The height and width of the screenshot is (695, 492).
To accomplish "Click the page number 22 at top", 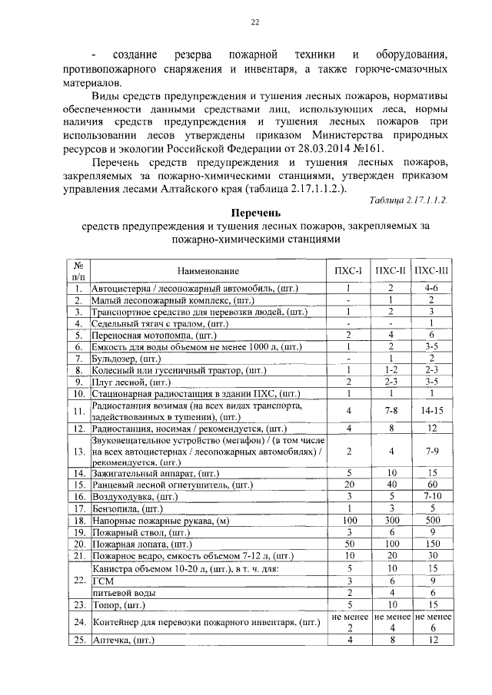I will point(254,23).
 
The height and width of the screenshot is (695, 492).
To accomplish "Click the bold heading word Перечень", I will point(254,212).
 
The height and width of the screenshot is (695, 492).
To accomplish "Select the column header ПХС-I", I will point(348,270).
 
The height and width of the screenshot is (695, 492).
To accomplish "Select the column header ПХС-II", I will point(390,270).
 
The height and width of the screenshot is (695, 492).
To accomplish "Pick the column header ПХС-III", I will point(431,270).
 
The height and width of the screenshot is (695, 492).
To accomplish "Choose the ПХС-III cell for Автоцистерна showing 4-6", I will point(431,288).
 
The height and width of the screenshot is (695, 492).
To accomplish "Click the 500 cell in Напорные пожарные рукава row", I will point(431,520).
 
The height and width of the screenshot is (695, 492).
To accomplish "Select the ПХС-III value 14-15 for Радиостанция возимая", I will point(431,411).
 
